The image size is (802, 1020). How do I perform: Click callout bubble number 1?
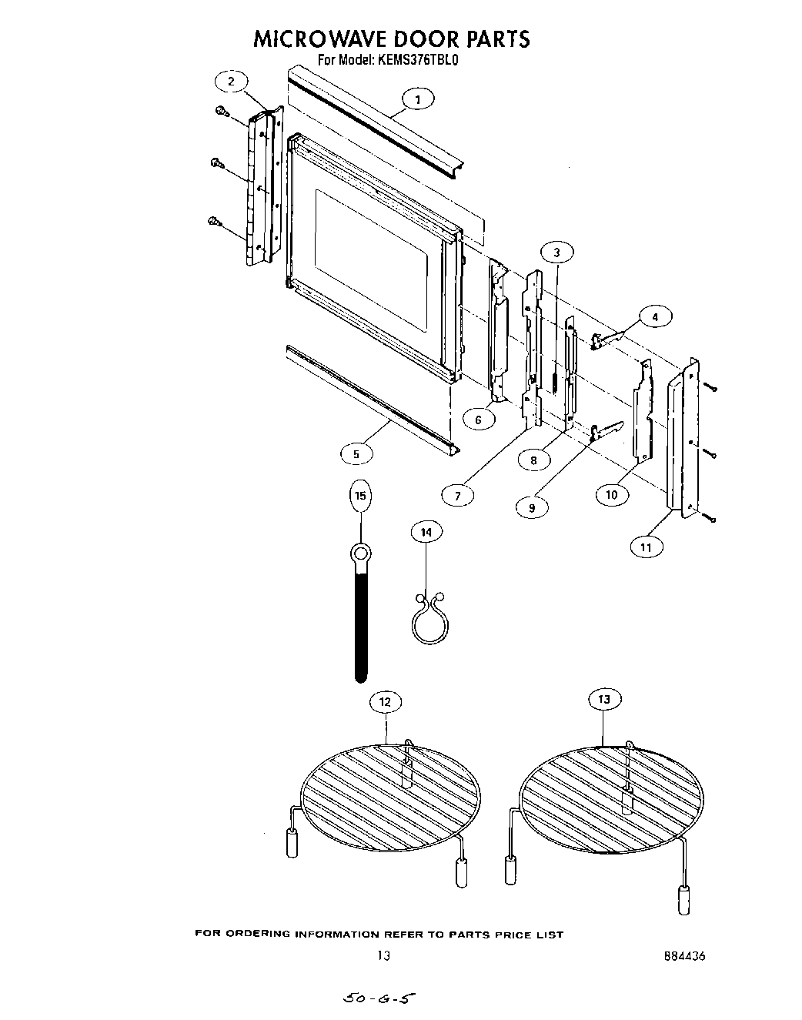(417, 99)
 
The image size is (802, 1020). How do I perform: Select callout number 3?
(556, 252)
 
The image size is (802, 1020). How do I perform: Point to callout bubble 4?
(654, 316)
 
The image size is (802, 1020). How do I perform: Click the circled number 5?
(356, 454)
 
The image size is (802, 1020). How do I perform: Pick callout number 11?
(646, 547)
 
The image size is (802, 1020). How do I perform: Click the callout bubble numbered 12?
(385, 701)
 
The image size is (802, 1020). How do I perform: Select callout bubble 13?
(603, 699)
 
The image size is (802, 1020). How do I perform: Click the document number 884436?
(683, 957)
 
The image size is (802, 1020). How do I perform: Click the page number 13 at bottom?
(383, 956)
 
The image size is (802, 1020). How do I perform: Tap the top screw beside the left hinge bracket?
(222, 112)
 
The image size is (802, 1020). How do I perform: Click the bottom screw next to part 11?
(712, 519)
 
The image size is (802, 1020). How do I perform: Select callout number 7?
(458, 496)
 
